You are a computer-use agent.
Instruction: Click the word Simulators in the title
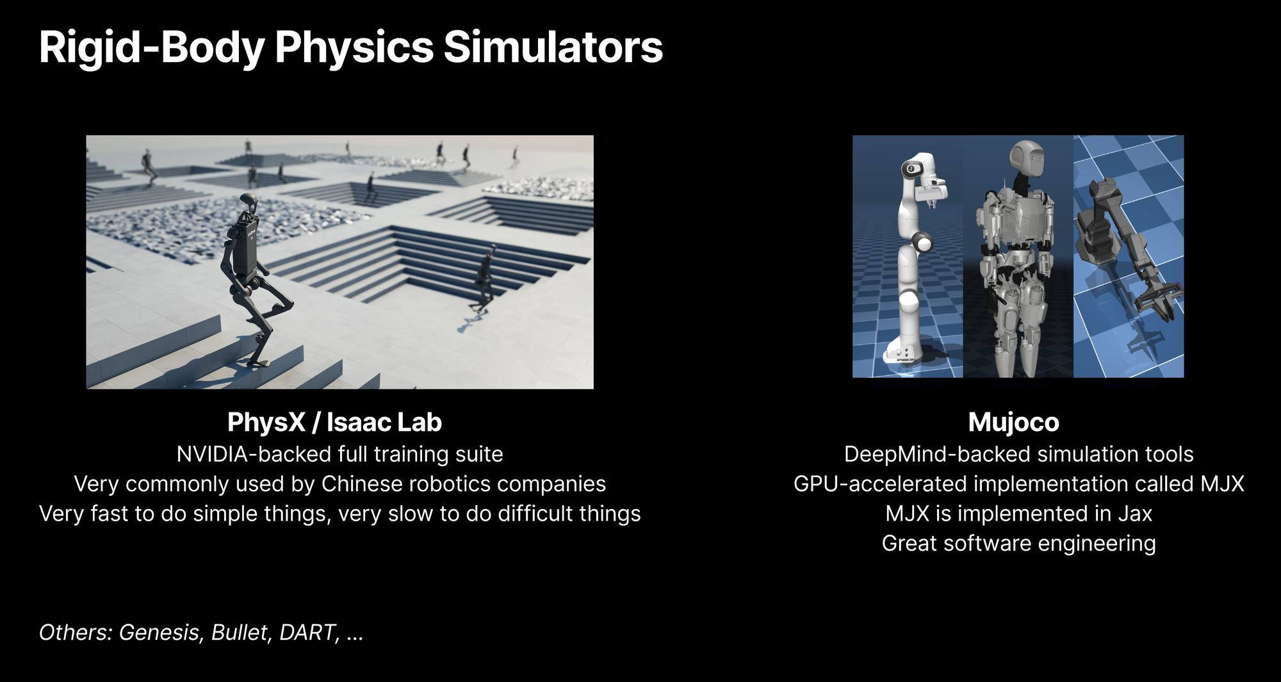[553, 47]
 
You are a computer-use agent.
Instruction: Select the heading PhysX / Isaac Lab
[334, 422]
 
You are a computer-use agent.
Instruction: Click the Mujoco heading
[1013, 423]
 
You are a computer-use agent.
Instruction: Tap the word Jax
[1135, 514]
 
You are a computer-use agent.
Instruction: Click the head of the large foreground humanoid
[248, 204]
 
